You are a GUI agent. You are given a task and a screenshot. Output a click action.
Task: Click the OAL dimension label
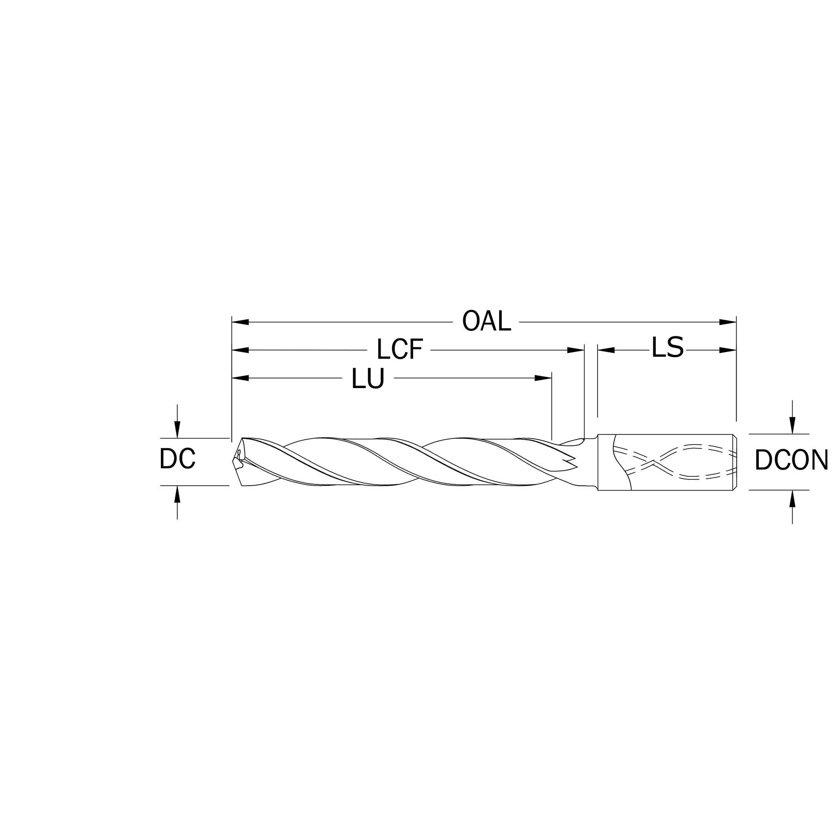486,321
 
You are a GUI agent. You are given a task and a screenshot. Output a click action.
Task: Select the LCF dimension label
399,349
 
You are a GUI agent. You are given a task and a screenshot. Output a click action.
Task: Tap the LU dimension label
368,378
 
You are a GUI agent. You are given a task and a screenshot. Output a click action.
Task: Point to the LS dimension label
667,347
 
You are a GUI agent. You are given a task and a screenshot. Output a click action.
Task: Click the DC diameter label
177,459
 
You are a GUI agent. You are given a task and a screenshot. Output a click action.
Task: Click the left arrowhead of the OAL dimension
240,322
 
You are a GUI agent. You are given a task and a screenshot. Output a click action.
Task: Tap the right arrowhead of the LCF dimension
575,350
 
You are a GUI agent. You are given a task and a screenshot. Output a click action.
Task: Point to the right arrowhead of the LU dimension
543,378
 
